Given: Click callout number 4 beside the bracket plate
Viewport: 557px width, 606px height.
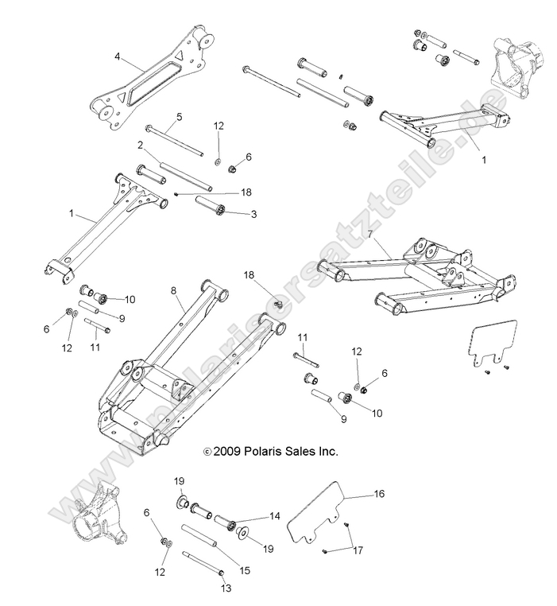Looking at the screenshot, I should [x=118, y=57].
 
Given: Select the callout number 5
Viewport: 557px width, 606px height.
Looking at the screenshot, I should [x=179, y=117].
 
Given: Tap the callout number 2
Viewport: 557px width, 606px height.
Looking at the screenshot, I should [x=140, y=146].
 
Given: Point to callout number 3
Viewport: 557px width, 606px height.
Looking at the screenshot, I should [x=253, y=215].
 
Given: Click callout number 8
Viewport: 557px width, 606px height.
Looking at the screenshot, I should [x=173, y=291].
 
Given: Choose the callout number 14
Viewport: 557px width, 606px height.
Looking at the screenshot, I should [x=276, y=516].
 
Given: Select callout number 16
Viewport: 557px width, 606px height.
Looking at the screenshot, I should [x=379, y=494].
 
